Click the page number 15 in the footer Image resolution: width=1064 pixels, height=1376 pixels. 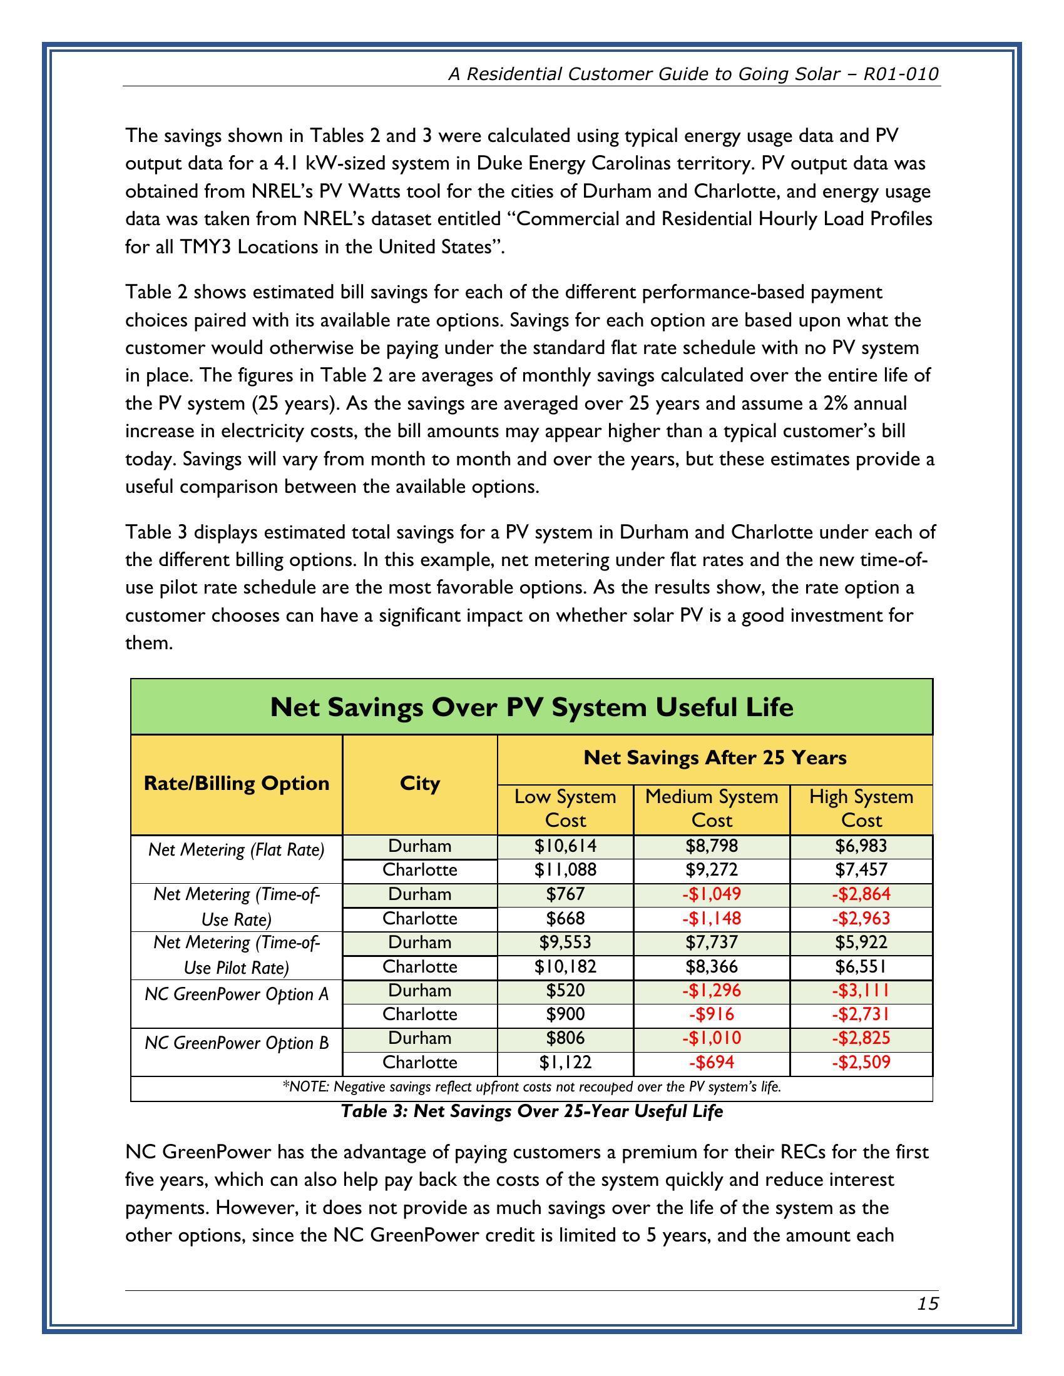click(928, 1303)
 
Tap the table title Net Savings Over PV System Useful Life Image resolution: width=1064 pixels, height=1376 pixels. click(531, 707)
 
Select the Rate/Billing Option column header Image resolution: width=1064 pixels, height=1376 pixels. click(237, 783)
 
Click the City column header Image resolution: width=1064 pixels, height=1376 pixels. click(420, 783)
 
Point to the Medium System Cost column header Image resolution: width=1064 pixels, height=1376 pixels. click(712, 808)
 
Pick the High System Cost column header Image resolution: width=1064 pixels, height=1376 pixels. click(861, 808)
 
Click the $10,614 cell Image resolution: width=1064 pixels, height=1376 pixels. click(565, 846)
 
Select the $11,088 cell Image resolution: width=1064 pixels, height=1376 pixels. click(565, 870)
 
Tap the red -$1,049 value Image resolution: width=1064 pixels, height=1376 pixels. click(712, 894)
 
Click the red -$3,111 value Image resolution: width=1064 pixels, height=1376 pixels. click(861, 991)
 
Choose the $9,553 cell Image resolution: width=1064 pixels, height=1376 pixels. click(565, 942)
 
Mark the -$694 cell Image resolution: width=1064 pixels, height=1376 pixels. click(712, 1063)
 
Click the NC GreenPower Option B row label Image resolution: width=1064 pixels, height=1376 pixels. click(237, 1043)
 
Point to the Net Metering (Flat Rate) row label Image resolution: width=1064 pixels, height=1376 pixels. click(237, 850)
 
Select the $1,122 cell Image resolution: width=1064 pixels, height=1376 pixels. click(565, 1063)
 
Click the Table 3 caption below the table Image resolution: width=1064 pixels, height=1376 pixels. click(531, 1111)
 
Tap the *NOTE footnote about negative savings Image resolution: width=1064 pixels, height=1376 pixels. click(531, 1087)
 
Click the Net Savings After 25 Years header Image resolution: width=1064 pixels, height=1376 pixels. click(715, 757)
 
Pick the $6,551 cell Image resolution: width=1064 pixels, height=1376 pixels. click(861, 966)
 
